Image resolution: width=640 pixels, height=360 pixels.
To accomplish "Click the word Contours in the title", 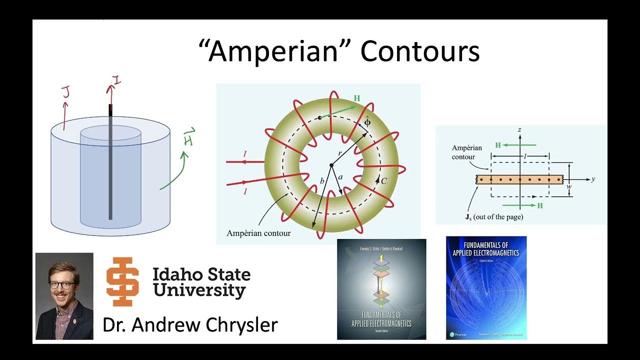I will [419, 51].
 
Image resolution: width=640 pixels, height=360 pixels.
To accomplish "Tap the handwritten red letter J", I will [65, 92].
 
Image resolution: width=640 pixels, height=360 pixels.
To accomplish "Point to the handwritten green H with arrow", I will [188, 137].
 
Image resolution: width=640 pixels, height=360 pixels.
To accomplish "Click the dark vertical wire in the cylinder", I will [110, 165].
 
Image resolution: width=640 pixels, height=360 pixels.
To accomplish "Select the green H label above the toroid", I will [356, 98].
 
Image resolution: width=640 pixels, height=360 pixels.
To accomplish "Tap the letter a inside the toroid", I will [340, 177].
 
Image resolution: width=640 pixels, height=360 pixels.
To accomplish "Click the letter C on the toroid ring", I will [384, 181].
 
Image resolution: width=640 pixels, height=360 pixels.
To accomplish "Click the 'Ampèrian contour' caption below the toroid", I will [258, 233].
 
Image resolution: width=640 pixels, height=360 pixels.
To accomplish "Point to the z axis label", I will [520, 130].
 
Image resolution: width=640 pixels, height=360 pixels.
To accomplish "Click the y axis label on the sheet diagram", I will [593, 179].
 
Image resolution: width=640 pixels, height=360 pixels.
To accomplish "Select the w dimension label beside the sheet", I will [568, 186].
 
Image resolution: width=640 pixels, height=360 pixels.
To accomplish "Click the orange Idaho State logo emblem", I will [122, 281].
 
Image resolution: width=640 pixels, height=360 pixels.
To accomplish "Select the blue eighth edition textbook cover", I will [486, 287].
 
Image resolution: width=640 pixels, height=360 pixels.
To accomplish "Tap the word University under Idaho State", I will [199, 290].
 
